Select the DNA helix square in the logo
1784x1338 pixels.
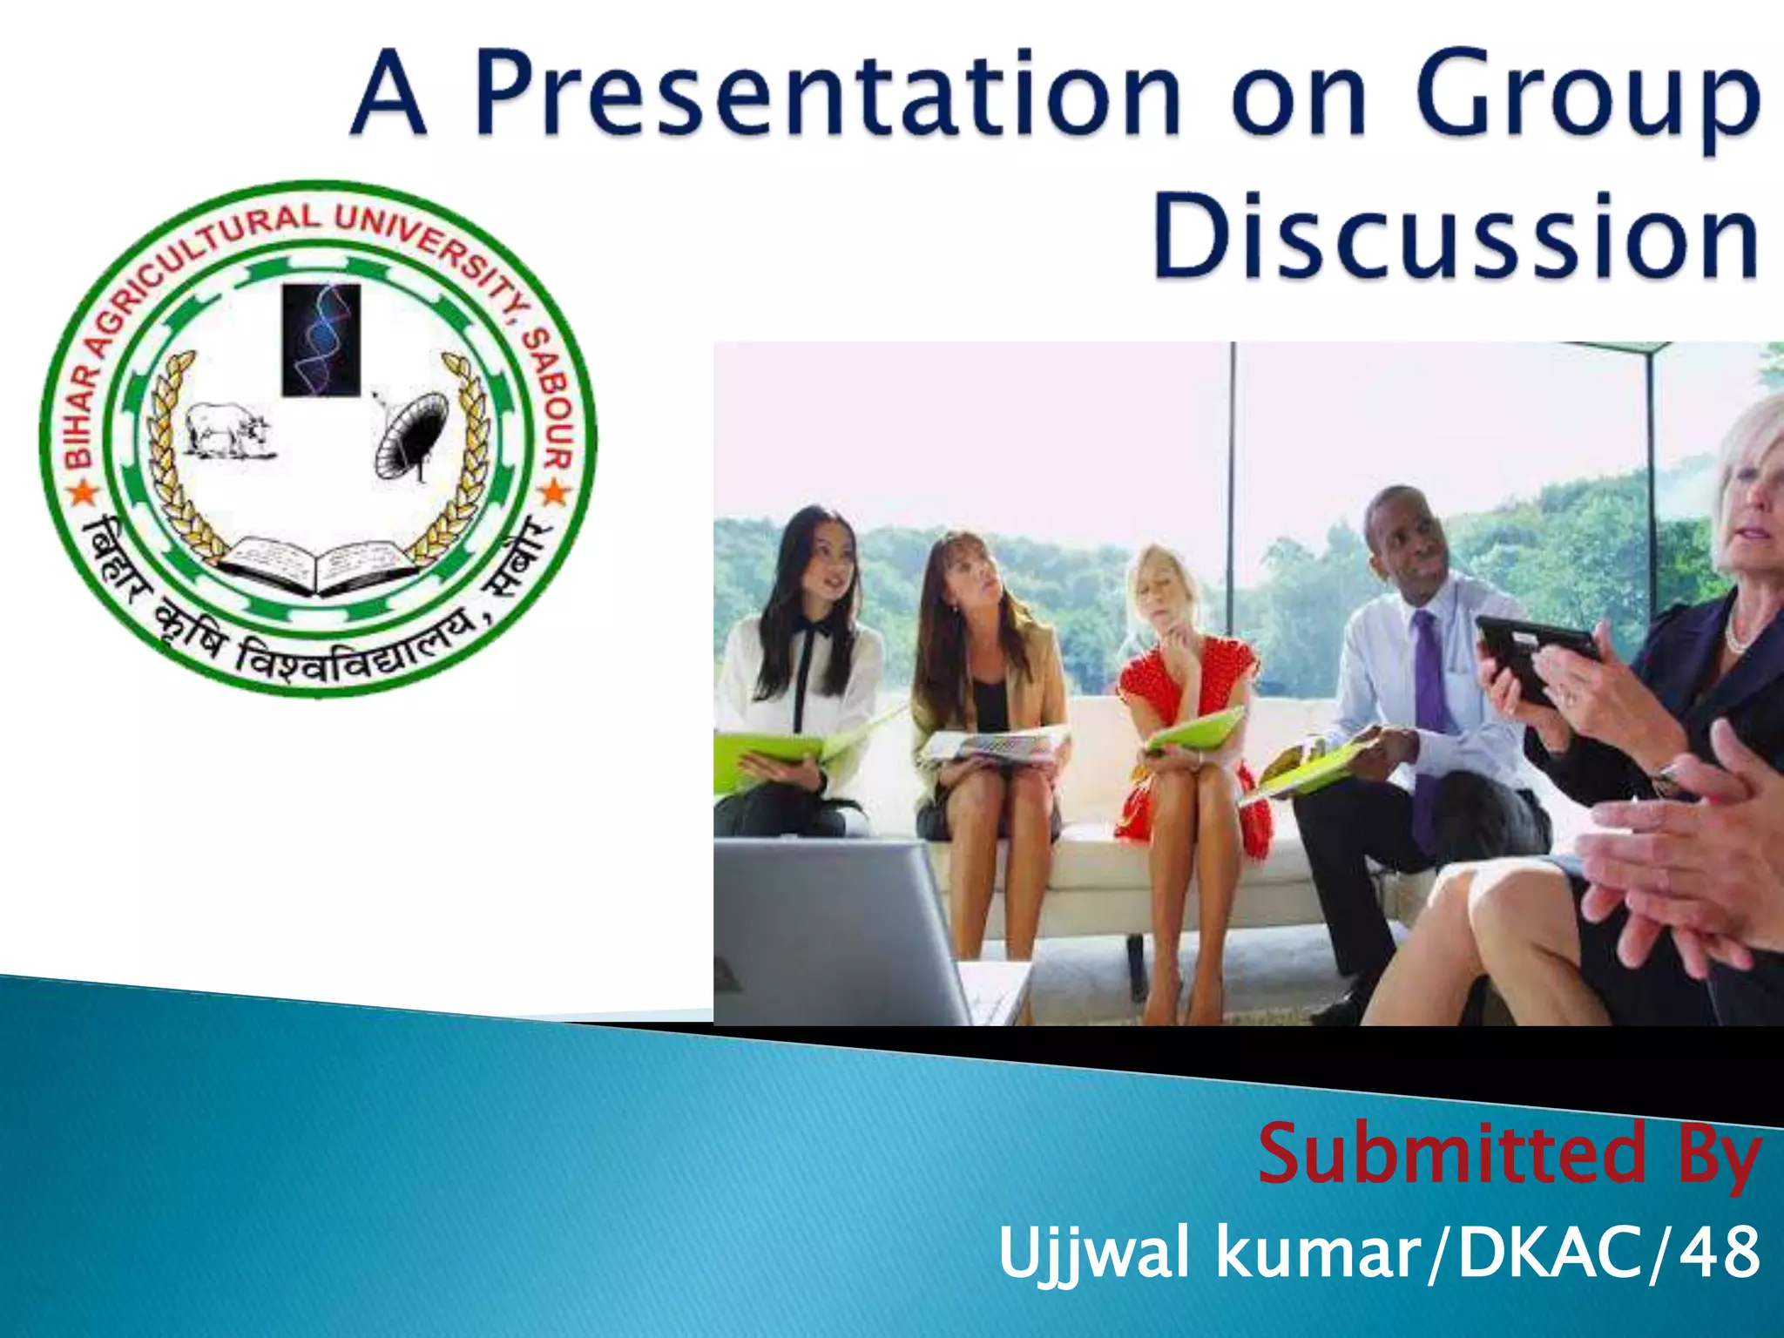tap(321, 340)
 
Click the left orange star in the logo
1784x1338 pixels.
tap(82, 494)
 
